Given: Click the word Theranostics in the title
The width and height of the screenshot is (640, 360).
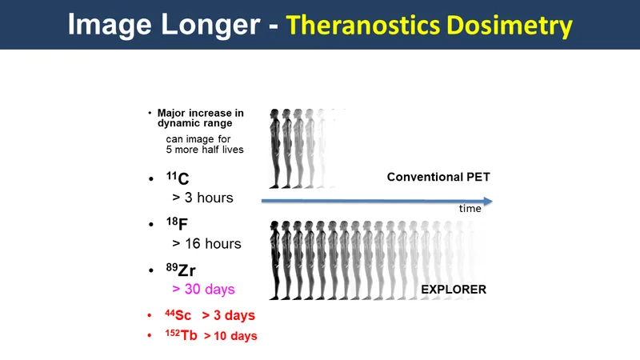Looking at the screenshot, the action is [363, 25].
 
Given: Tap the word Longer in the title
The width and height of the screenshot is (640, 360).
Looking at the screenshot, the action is [210, 26].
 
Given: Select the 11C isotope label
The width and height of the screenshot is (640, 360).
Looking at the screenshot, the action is [178, 178].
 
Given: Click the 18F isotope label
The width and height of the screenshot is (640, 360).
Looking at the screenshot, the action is [177, 223].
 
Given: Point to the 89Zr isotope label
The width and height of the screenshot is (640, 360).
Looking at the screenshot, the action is [181, 270].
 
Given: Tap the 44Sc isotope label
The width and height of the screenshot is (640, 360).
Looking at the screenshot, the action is [178, 314].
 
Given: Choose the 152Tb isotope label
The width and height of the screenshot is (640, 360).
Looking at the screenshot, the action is [182, 335].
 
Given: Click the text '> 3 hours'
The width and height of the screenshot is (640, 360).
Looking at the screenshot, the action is [203, 198].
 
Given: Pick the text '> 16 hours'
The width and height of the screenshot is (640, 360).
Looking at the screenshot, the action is [206, 244].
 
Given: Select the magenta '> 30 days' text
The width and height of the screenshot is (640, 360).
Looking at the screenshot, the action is [203, 289].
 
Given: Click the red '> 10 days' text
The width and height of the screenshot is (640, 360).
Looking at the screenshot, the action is [230, 336].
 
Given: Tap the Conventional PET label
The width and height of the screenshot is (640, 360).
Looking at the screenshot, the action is [438, 177].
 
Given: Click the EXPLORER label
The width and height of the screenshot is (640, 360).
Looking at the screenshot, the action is [454, 290].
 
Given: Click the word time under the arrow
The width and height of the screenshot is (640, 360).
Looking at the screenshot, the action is [470, 209].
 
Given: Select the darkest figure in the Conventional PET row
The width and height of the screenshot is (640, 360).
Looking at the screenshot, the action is [274, 149].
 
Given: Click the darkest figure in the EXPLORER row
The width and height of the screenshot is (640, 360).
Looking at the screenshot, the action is [274, 261].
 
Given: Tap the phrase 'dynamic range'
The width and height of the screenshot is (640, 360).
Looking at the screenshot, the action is [194, 123].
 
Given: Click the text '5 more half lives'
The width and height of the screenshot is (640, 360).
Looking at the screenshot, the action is [205, 150].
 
